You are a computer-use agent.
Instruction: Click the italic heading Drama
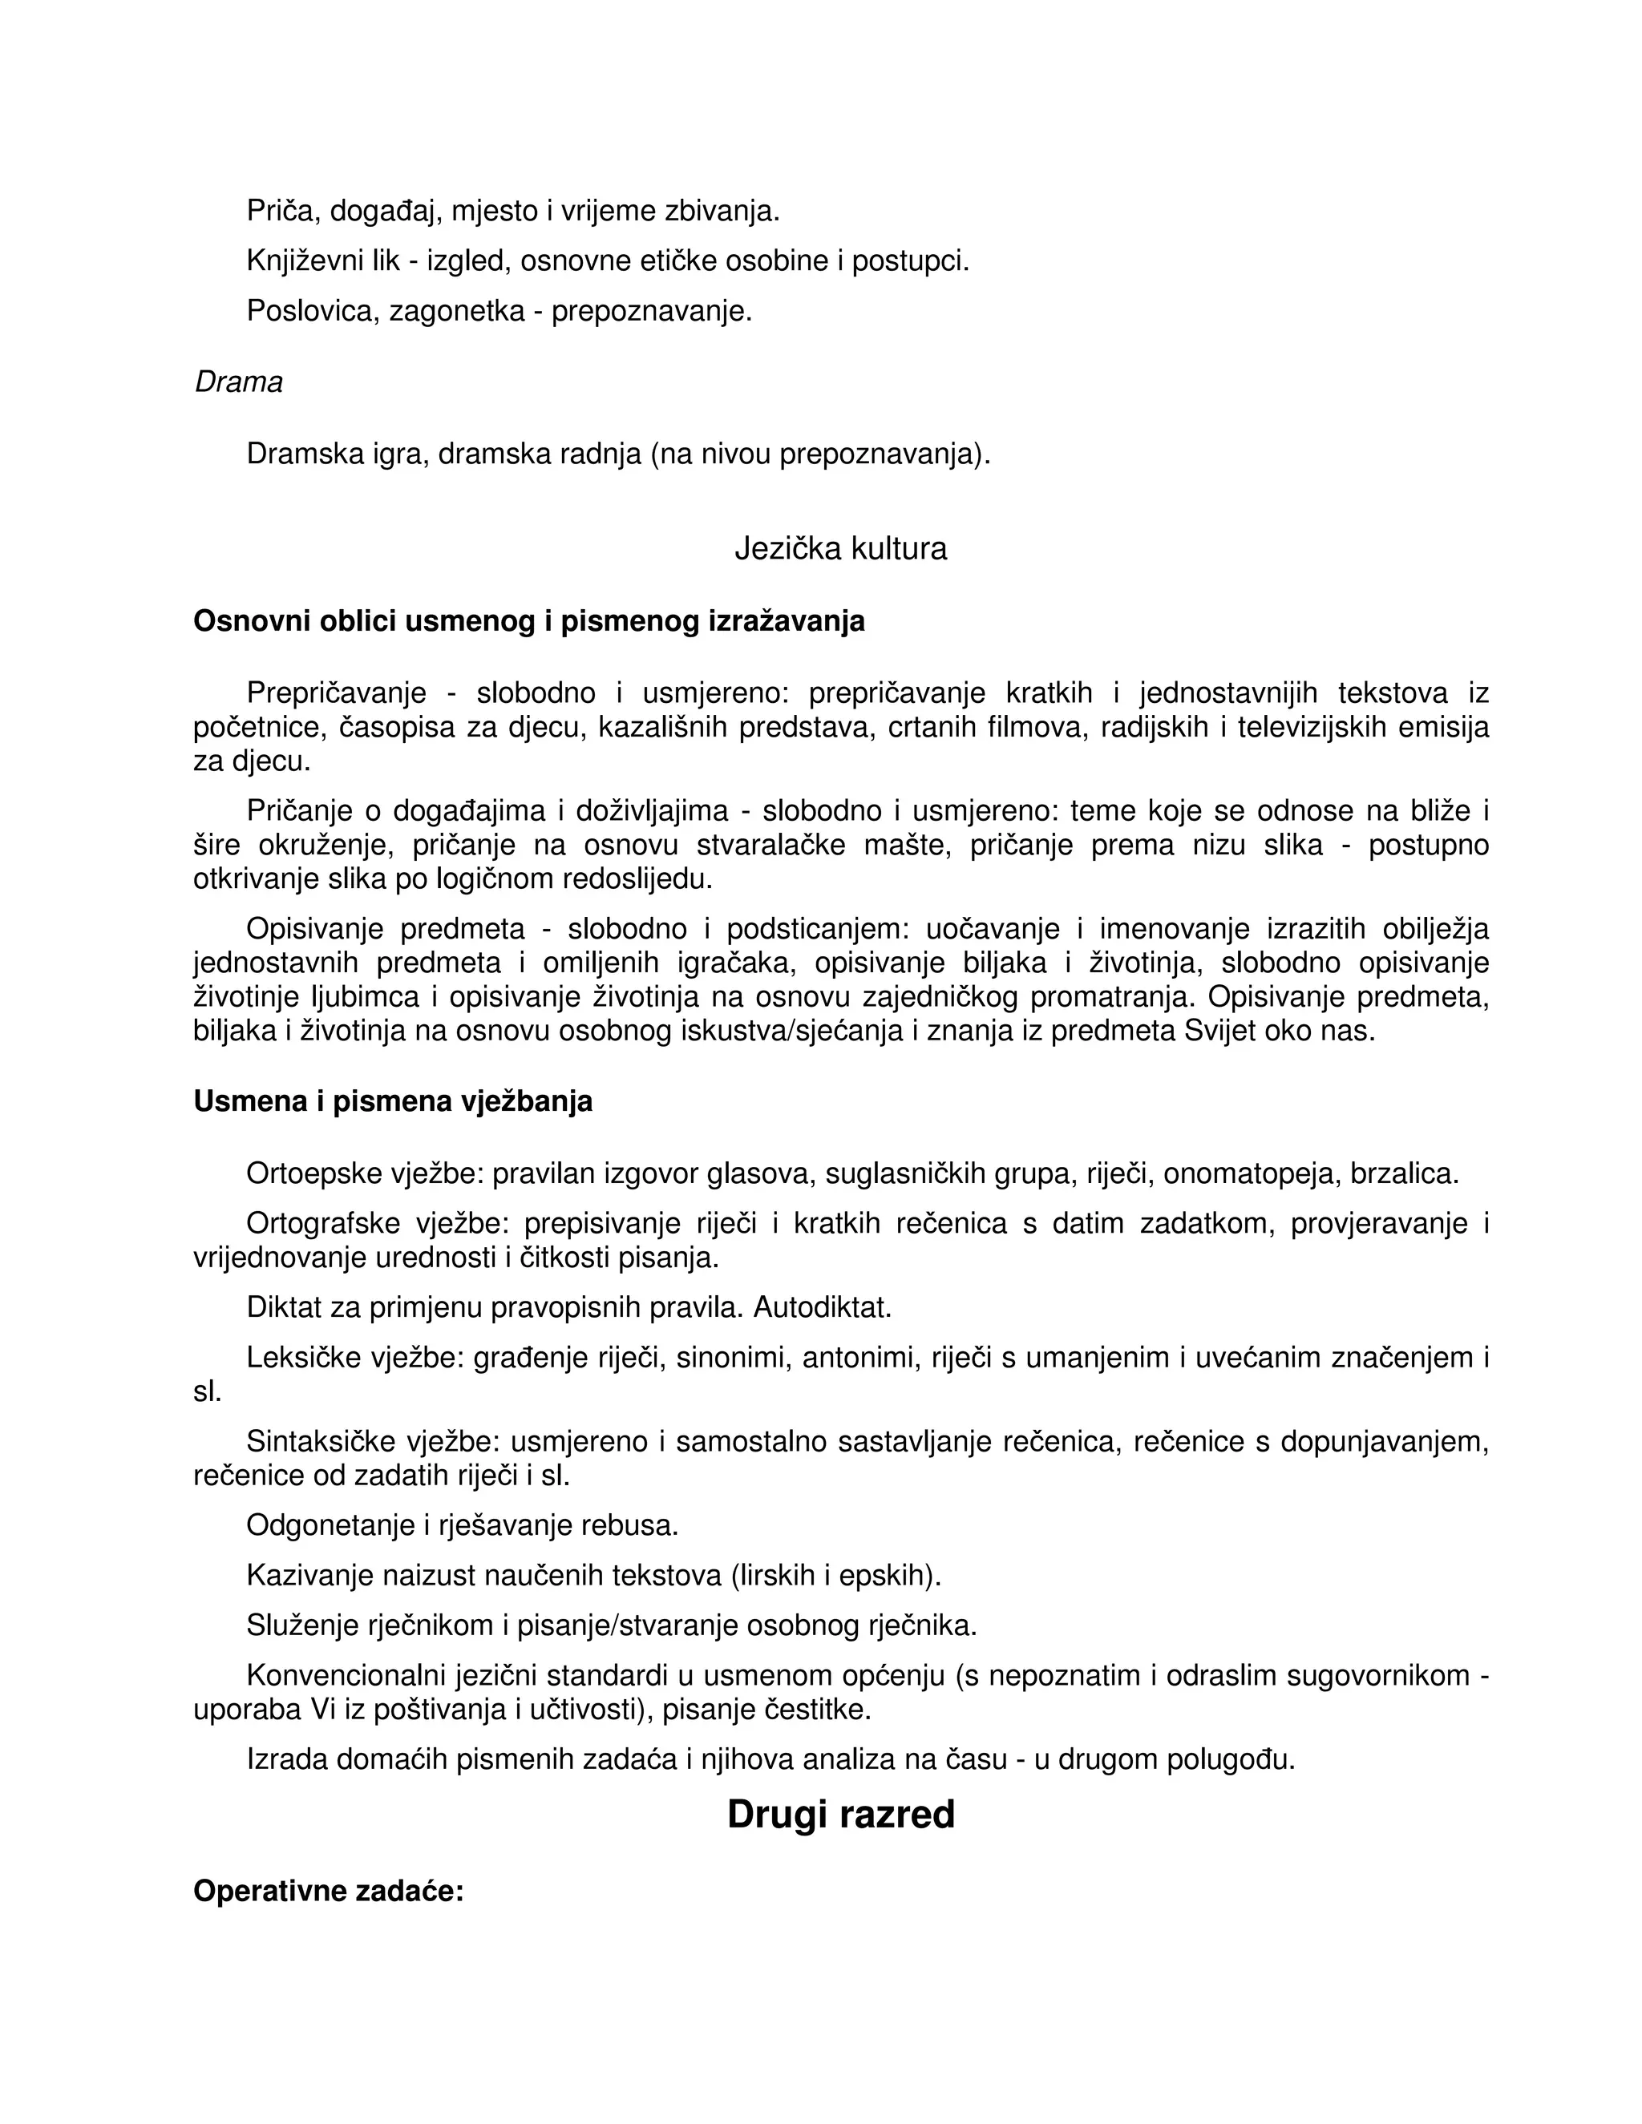coord(238,382)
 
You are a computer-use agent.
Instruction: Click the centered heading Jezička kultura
coord(840,550)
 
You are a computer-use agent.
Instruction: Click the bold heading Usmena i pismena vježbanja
coord(393,1101)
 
